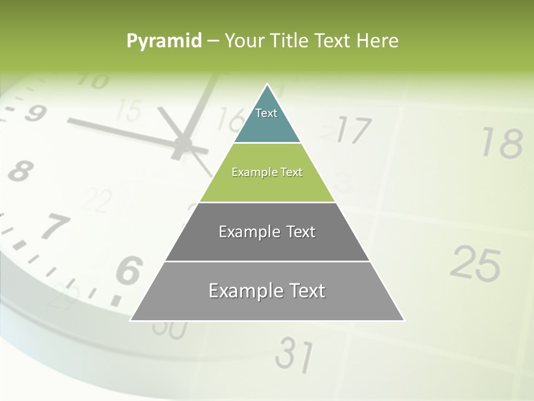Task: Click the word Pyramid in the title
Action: coord(164,41)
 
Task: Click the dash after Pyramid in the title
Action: coord(213,41)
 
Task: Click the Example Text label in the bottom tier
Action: coord(267,291)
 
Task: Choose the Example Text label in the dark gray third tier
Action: coord(267,232)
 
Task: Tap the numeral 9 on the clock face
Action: coord(34,114)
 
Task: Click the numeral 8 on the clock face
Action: coord(19,170)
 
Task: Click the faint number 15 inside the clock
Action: coord(129,110)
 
